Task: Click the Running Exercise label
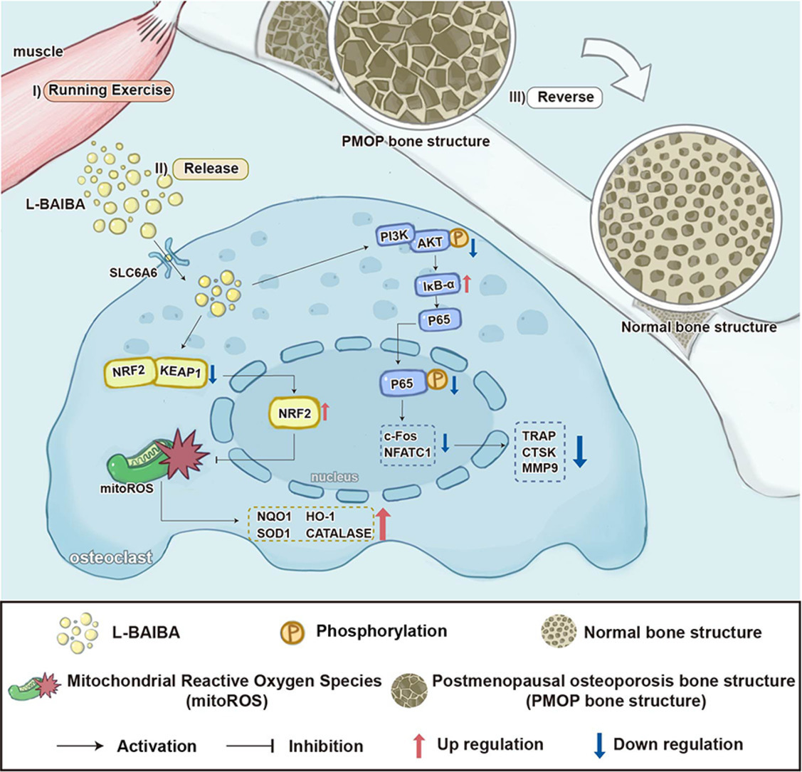coord(108,90)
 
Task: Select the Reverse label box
coord(565,97)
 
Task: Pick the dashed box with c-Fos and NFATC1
coord(406,443)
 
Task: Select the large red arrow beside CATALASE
coord(384,524)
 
